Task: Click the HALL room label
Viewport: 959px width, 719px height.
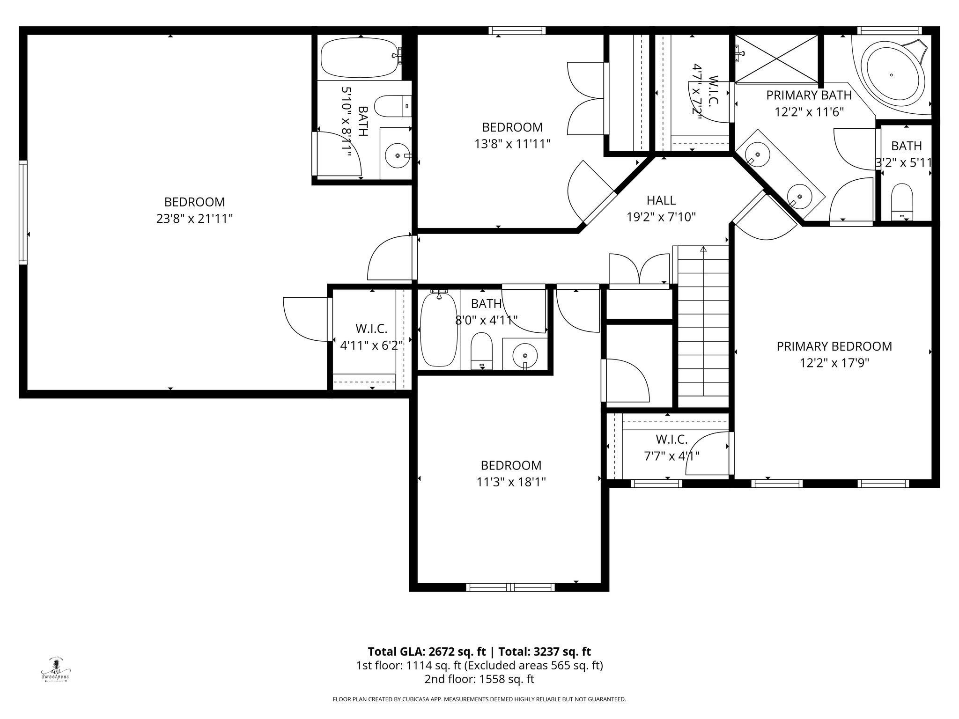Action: pyautogui.click(x=661, y=200)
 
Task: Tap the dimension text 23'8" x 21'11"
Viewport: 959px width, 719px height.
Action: pyautogui.click(x=194, y=219)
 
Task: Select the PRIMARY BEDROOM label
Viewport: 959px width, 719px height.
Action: pyautogui.click(x=834, y=346)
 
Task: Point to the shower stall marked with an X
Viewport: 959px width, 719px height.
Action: pyautogui.click(x=776, y=59)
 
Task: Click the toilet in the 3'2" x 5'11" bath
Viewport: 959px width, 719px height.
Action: pyautogui.click(x=902, y=202)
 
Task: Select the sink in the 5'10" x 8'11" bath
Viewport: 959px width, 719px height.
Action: pyautogui.click(x=398, y=155)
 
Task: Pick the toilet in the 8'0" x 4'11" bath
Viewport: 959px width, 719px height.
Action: pyautogui.click(x=482, y=351)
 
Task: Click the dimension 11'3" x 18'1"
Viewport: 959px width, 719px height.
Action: pyautogui.click(x=511, y=482)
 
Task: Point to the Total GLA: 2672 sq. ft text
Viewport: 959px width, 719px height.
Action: pyautogui.click(x=428, y=652)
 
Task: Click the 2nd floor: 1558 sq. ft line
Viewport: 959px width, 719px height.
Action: pyautogui.click(x=479, y=679)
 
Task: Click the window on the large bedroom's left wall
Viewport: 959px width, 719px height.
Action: pyautogui.click(x=23, y=212)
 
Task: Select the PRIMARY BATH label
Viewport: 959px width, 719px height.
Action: pyautogui.click(x=809, y=95)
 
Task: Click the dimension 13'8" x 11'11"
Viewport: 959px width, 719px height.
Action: pyautogui.click(x=512, y=144)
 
